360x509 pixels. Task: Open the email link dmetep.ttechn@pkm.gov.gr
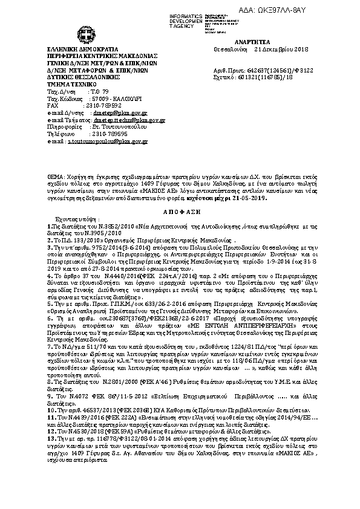tap(131, 120)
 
